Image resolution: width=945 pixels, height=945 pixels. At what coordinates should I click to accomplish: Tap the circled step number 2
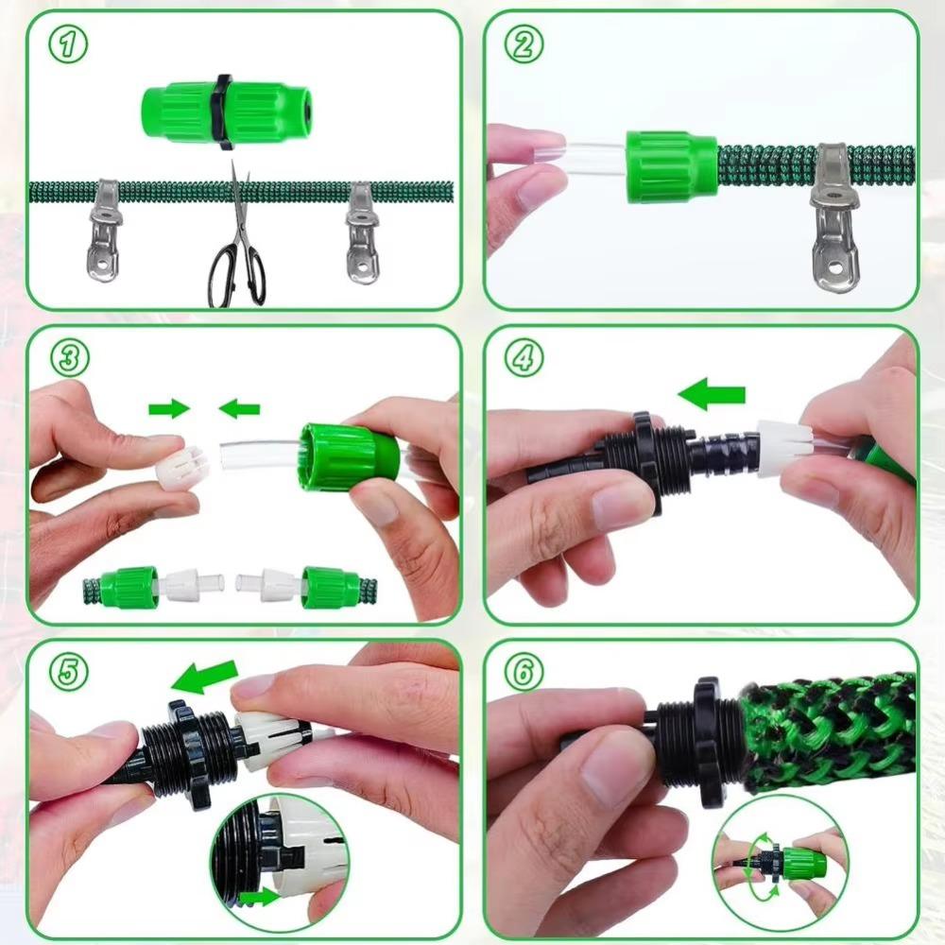pyautogui.click(x=523, y=44)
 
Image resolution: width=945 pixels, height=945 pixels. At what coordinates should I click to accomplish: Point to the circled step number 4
pyautogui.click(x=523, y=357)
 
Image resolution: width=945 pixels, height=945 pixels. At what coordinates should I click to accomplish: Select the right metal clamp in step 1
pyautogui.click(x=361, y=234)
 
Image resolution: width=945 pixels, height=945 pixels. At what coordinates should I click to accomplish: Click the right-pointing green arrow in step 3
pyautogui.click(x=168, y=408)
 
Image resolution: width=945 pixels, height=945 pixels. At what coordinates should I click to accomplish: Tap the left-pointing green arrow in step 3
pyautogui.click(x=239, y=408)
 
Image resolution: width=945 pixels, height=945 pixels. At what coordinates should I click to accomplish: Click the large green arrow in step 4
pyautogui.click(x=712, y=395)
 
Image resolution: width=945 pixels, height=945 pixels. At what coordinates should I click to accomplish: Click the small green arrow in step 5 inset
pyautogui.click(x=259, y=897)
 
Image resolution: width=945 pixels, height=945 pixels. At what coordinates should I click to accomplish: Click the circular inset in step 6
pyautogui.click(x=780, y=864)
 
